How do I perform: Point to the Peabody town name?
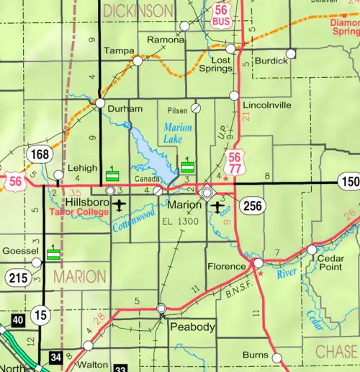[192, 327]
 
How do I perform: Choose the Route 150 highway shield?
[349, 182]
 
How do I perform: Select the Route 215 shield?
[17, 277]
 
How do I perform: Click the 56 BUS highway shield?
[220, 17]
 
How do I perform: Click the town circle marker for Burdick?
[291, 53]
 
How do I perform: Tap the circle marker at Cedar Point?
[312, 249]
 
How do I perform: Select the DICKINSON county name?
[138, 11]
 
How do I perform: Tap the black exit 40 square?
[16, 319]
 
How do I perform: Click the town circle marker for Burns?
[276, 356]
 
